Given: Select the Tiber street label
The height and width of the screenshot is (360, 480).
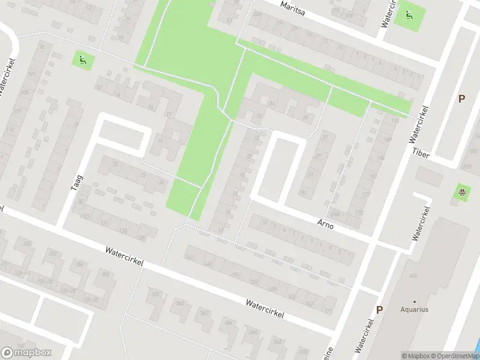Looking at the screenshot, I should pyautogui.click(x=421, y=152).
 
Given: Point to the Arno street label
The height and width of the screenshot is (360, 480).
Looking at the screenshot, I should pyautogui.click(x=325, y=226).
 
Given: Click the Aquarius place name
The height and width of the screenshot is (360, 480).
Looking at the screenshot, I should pyautogui.click(x=415, y=310).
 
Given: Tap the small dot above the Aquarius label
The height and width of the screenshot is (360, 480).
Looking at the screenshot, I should pyautogui.click(x=415, y=301).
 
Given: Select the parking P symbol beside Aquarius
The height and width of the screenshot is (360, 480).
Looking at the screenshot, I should pyautogui.click(x=379, y=310).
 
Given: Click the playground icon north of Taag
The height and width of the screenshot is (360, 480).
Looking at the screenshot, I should pyautogui.click(x=82, y=59).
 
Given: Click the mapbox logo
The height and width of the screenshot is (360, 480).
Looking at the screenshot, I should pyautogui.click(x=26, y=352).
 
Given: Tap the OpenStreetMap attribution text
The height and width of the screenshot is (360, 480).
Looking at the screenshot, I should pyautogui.click(x=453, y=356).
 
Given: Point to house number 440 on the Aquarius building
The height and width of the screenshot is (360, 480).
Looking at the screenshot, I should pyautogui.click(x=413, y=276).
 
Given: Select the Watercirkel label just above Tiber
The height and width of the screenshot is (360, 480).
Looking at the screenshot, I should pyautogui.click(x=419, y=124).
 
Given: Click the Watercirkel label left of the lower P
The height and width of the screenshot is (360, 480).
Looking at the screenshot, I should pyautogui.click(x=365, y=335).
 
